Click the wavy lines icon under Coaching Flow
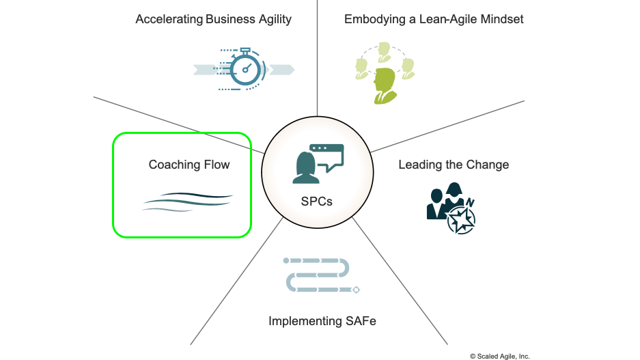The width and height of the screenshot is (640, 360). (x=188, y=202)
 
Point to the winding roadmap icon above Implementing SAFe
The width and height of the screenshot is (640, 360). (x=321, y=275)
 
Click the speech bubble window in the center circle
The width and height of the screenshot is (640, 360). (x=328, y=157)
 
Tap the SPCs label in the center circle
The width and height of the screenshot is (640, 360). (x=317, y=202)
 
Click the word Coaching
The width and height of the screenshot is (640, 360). (x=174, y=165)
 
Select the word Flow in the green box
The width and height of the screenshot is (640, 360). (x=217, y=165)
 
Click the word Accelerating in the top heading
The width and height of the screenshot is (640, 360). (x=169, y=19)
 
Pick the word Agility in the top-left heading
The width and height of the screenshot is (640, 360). (x=275, y=19)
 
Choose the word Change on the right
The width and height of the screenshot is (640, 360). (x=488, y=165)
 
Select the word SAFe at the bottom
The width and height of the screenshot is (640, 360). (x=361, y=321)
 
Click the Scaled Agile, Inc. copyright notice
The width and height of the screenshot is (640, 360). (x=500, y=357)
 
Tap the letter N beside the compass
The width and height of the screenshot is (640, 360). (x=470, y=202)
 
